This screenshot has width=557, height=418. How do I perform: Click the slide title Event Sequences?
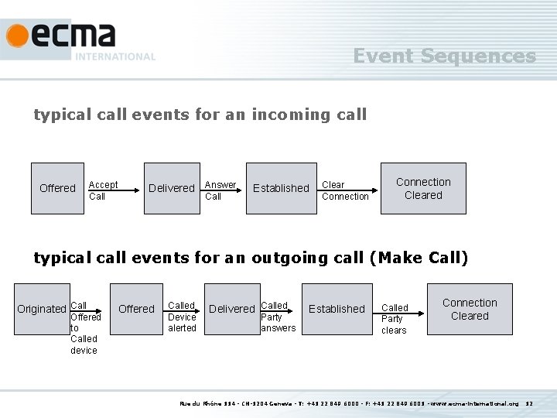pyautogui.click(x=444, y=56)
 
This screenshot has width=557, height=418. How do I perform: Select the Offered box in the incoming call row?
pyautogui.click(x=57, y=188)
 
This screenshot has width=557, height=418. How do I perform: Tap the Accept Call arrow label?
pyautogui.click(x=103, y=190)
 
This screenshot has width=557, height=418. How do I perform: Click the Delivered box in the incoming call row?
pyautogui.click(x=171, y=188)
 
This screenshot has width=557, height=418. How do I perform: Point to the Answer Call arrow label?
pyautogui.click(x=220, y=190)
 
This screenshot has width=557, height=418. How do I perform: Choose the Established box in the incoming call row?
pyautogui.click(x=281, y=188)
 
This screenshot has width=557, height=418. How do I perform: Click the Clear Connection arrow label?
pyautogui.click(x=345, y=190)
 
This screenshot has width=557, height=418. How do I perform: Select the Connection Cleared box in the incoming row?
pyautogui.click(x=423, y=188)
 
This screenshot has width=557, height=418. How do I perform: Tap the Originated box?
pyautogui.click(x=42, y=309)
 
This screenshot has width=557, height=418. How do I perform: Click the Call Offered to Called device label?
pyautogui.click(x=84, y=328)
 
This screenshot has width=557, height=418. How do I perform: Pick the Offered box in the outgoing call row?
pyautogui.click(x=136, y=309)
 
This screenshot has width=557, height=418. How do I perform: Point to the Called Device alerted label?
pyautogui.click(x=183, y=317)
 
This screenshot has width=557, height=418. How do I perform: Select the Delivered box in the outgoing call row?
pyautogui.click(x=232, y=309)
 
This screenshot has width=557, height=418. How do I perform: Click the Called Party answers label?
pyautogui.click(x=277, y=317)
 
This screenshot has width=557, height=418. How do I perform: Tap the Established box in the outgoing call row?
pyautogui.click(x=337, y=309)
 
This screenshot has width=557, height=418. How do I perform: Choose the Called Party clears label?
pyautogui.click(x=395, y=319)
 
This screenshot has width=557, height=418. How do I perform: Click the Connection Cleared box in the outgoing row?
pyautogui.click(x=470, y=309)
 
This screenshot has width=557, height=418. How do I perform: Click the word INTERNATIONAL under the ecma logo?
pyautogui.click(x=115, y=57)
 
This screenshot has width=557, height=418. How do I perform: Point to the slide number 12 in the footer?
pyautogui.click(x=530, y=403)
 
